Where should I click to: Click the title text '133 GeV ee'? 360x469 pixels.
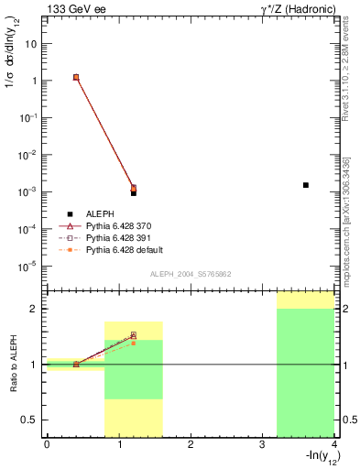pyautogui.click(x=73, y=9)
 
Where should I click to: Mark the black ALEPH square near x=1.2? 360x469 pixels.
pyautogui.click(x=133, y=193)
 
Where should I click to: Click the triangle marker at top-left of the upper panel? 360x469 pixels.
pyautogui.click(x=76, y=77)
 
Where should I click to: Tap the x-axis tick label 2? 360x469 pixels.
pyautogui.click(x=191, y=444)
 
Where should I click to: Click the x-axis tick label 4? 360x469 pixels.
pyautogui.click(x=333, y=444)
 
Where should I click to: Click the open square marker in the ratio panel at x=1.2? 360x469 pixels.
pyautogui.click(x=133, y=335)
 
